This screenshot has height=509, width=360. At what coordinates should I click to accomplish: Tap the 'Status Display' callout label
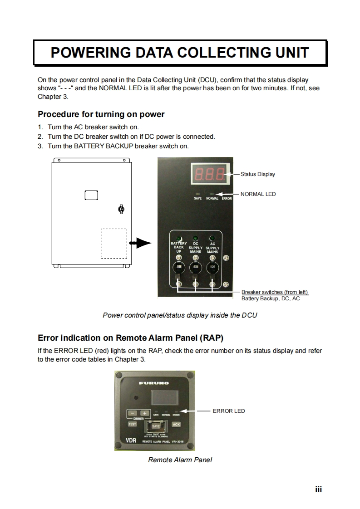click(x=257, y=174)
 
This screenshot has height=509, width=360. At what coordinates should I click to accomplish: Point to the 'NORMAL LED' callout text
click(x=258, y=194)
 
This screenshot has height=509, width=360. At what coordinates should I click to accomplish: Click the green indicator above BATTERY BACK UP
click(x=179, y=239)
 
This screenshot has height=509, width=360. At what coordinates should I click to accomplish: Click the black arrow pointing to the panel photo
click(x=140, y=244)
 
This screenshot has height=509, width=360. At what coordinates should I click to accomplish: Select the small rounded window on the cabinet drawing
click(x=91, y=195)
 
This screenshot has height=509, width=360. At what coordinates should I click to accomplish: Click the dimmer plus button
click(x=144, y=413)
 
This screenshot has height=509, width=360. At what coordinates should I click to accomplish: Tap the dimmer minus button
click(x=132, y=413)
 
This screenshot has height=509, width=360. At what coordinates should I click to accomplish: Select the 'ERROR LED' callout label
click(x=229, y=411)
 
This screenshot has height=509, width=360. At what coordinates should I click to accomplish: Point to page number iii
click(x=319, y=489)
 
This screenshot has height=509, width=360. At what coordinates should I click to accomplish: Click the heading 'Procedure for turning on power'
click(x=101, y=114)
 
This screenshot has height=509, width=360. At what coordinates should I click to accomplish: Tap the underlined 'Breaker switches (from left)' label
click(x=275, y=292)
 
